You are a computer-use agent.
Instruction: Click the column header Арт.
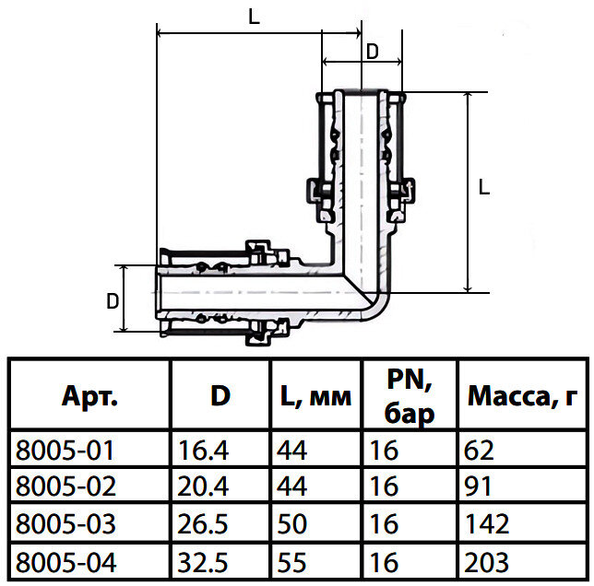pos(89,397)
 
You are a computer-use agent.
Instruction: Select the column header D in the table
pos(220,397)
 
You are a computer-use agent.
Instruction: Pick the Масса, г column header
pos(521,397)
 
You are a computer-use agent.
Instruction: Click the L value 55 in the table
pos(293,561)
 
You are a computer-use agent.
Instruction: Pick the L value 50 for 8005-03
pos(293,524)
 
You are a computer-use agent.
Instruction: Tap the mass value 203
pos(488,561)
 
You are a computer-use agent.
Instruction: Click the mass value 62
pos(481,451)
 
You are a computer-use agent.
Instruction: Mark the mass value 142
pos(488,524)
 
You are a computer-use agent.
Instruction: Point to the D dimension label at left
pos(112,301)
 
